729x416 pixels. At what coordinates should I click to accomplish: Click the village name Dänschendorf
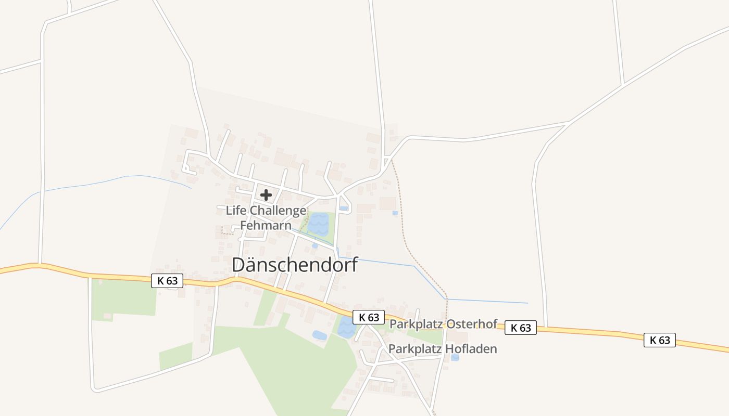click(x=295, y=265)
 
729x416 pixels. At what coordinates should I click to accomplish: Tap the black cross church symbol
click(x=266, y=195)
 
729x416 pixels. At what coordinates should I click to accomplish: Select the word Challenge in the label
click(x=278, y=211)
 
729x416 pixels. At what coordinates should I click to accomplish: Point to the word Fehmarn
click(x=266, y=226)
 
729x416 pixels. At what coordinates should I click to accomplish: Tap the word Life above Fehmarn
click(x=236, y=211)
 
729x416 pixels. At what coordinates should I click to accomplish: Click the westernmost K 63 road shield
click(x=168, y=281)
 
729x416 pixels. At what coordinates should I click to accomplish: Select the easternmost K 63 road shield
click(x=659, y=340)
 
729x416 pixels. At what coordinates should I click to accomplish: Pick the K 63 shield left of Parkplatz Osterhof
click(x=369, y=317)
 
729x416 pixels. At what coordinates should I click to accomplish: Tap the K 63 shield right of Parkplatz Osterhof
click(x=521, y=328)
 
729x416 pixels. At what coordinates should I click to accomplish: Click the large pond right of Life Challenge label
click(x=318, y=224)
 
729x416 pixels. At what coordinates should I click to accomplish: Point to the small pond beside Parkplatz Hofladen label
click(x=455, y=358)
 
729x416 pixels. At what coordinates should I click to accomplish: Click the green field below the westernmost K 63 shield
click(x=124, y=299)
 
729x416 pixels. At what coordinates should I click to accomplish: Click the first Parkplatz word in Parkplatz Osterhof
click(x=414, y=323)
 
